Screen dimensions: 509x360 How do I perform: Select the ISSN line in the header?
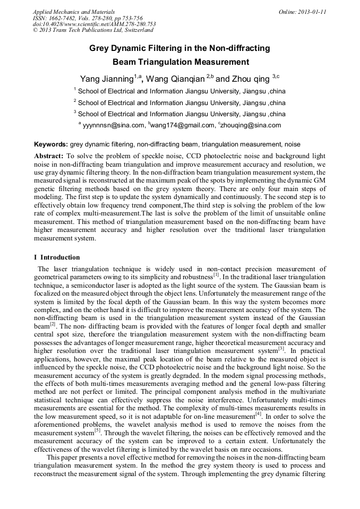click(x=88, y=18)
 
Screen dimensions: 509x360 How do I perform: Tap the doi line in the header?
click(x=94, y=24)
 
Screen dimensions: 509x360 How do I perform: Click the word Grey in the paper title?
click(x=99, y=48)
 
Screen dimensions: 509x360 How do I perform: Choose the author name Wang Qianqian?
click(x=175, y=79)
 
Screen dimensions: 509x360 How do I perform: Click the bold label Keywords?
click(x=51, y=144)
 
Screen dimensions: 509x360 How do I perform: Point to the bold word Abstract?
click(x=49, y=157)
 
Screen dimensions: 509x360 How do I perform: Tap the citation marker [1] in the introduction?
click(x=216, y=275)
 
